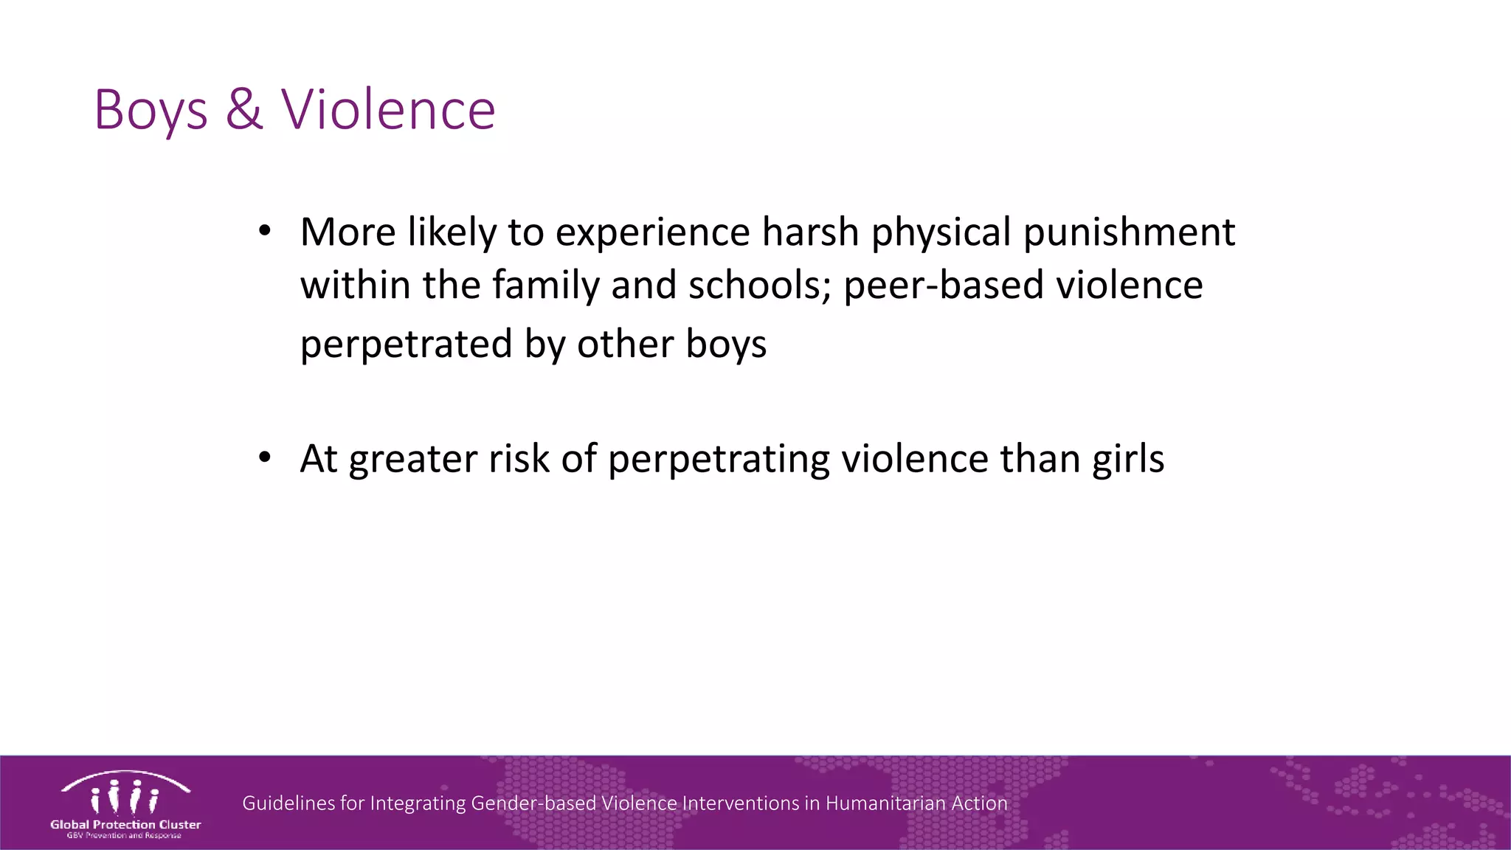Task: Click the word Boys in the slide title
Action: point(151,111)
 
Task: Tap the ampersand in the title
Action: point(244,109)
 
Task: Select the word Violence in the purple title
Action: point(388,109)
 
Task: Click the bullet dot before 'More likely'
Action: point(265,231)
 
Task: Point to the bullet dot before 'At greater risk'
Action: point(265,457)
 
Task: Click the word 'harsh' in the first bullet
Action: point(810,232)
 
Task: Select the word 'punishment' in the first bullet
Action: point(1129,233)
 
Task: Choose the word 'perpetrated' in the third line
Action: point(407,345)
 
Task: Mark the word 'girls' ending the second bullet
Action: point(1128,460)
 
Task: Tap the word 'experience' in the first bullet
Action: point(652,233)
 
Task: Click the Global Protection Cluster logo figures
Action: point(125,797)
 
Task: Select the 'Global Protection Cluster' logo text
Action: point(125,824)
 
